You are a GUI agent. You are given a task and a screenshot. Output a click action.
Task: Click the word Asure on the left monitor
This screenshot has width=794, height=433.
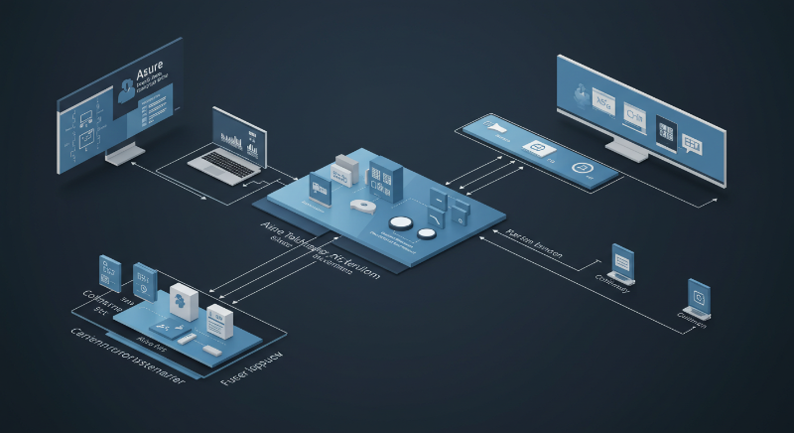151,73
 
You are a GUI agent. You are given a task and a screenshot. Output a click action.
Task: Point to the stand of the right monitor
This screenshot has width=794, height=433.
629,150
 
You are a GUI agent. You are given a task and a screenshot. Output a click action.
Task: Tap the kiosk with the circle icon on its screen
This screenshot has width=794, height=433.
700,299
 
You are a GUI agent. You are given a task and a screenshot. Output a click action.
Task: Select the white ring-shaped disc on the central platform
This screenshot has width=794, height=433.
361,206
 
